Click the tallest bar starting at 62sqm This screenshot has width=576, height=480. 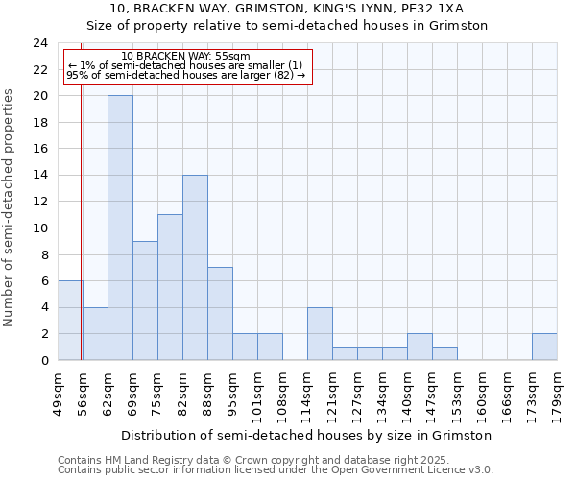click(120, 228)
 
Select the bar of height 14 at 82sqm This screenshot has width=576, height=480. click(195, 267)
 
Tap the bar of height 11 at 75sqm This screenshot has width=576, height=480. click(170, 287)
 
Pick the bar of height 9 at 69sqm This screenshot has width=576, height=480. click(145, 300)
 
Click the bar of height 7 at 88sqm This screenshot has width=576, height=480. click(220, 313)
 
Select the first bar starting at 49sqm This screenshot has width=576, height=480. click(70, 320)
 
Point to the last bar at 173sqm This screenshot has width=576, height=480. click(544, 347)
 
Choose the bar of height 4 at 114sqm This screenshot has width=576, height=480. click(320, 333)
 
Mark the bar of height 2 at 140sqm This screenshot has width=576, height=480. click(420, 347)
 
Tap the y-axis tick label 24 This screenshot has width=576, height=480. click(39, 43)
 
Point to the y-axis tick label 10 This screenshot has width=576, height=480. click(39, 228)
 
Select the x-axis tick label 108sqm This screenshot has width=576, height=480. click(282, 394)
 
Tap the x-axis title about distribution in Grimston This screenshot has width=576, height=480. click(307, 435)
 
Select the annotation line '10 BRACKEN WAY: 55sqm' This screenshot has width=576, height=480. click(186, 57)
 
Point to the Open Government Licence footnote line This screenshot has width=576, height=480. click(276, 469)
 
